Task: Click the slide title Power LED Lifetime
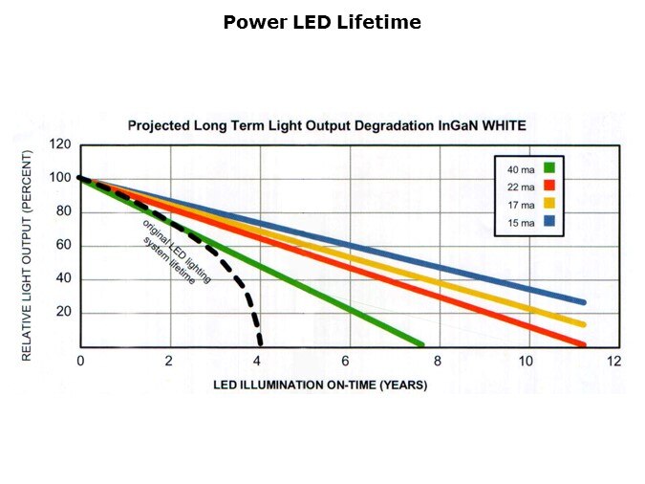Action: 322,22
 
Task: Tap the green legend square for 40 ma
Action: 549,168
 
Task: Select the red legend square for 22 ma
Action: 549,186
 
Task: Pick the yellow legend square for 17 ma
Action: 549,203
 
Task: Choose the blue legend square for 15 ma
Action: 549,221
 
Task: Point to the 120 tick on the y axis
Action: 61,144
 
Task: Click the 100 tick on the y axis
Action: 61,178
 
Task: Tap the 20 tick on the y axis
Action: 64,313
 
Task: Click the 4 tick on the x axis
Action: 258,361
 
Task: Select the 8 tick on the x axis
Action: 437,361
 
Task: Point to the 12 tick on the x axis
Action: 613,361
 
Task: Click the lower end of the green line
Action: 419,343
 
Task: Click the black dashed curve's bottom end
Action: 260,343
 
